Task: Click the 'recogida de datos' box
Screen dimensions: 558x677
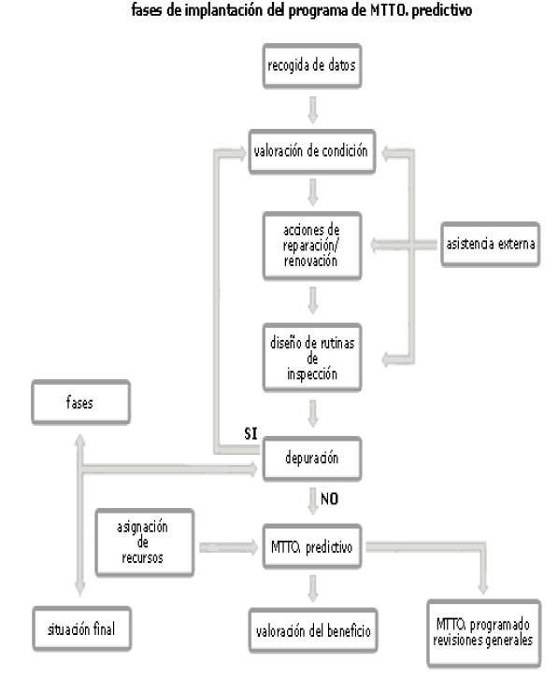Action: click(312, 66)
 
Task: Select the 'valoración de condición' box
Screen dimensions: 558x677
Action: click(312, 151)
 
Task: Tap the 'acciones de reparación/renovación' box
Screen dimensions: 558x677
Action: click(312, 246)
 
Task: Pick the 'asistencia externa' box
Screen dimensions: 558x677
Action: click(490, 245)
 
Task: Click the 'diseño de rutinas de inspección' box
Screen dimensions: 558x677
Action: click(312, 358)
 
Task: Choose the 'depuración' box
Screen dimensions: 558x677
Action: click(312, 458)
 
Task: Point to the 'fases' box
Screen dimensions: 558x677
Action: click(80, 402)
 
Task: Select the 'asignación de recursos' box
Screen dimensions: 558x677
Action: click(144, 543)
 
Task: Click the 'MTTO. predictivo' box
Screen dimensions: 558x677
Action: click(312, 547)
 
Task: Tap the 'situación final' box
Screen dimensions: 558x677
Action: click(81, 629)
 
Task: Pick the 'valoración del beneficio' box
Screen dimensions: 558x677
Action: click(313, 631)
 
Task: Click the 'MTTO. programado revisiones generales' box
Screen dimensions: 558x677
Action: click(483, 633)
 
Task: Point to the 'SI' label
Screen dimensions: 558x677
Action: click(250, 433)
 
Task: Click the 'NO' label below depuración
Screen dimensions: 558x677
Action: click(329, 500)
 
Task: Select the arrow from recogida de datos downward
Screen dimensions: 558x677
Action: click(313, 109)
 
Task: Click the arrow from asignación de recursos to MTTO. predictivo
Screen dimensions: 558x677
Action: click(229, 547)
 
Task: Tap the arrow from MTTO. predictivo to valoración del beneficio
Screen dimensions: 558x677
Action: click(313, 588)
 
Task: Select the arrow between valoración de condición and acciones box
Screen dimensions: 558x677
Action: click(313, 192)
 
